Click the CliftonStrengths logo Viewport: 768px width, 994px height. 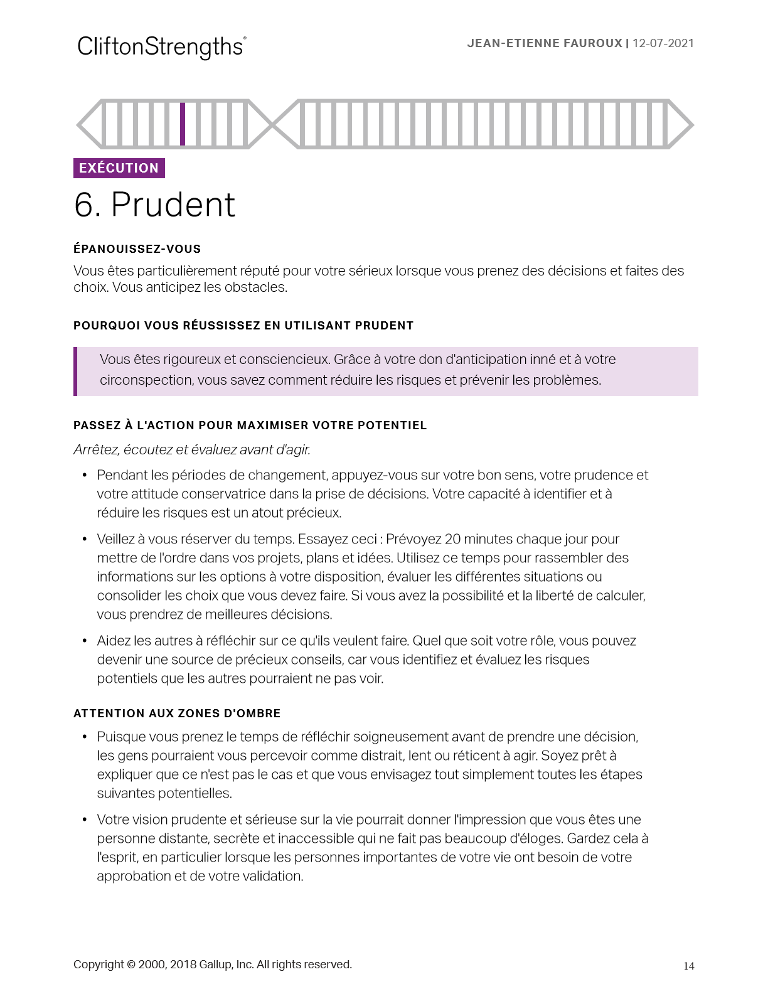click(x=161, y=47)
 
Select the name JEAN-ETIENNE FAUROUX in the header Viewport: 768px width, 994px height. click(x=544, y=43)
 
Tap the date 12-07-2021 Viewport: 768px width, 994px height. click(x=663, y=43)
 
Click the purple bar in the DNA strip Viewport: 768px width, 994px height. click(x=183, y=124)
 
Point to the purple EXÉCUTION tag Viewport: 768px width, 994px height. click(x=119, y=168)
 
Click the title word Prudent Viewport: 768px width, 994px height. click(x=173, y=205)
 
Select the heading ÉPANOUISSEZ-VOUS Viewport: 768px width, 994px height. click(x=137, y=249)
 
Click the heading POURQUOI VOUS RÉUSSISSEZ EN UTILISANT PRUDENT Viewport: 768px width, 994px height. click(x=243, y=326)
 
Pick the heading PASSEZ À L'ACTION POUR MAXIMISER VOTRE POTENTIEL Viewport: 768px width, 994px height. click(x=250, y=425)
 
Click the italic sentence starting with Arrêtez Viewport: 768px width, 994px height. click(x=191, y=450)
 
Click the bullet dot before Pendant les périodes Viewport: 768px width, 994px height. click(x=85, y=475)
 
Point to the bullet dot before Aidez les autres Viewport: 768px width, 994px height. click(x=85, y=641)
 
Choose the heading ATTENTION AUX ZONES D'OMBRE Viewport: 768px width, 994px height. click(x=177, y=713)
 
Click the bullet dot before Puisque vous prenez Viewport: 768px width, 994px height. click(x=85, y=737)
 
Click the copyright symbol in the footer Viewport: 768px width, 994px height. click(x=131, y=965)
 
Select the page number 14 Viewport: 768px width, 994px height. click(x=689, y=966)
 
